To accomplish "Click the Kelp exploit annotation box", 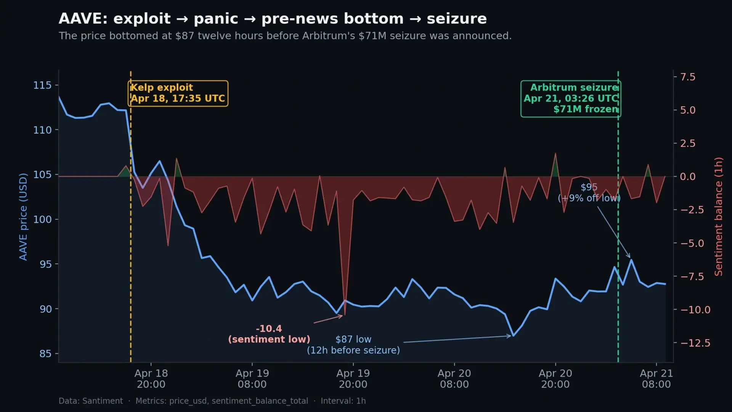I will pos(178,93).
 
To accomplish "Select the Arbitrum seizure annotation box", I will pos(570,99).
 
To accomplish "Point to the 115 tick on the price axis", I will pos(42,85).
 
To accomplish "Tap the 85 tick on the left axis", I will pos(45,354).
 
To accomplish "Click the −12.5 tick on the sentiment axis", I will pos(695,343).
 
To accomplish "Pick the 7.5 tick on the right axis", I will pos(688,77).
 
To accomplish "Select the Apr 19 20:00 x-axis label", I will pos(353,378).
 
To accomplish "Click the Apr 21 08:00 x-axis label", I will pos(656,378).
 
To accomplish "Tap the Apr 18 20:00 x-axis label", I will pos(151,378).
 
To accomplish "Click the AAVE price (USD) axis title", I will pos(23,217).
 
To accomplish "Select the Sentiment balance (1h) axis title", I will pos(718,217).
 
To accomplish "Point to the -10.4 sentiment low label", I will pos(269,334).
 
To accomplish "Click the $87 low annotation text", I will pos(353,345).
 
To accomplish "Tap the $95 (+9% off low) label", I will pos(589,193).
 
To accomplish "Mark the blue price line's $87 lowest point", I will pos(514,336).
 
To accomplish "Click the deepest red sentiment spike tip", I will pos(345,315).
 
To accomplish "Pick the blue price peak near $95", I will pos(631,260).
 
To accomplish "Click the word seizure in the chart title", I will pos(456,19).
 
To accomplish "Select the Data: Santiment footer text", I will pos(91,401).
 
